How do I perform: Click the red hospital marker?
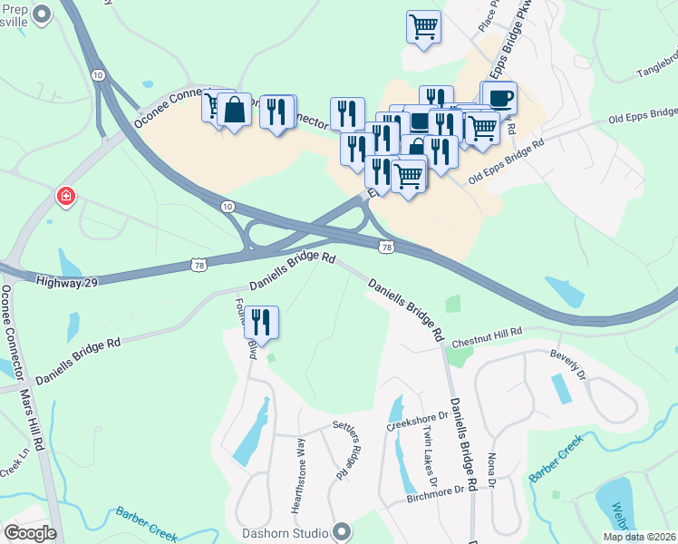pyautogui.click(x=65, y=196)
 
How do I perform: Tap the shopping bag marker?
pyautogui.click(x=234, y=110)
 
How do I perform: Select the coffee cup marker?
pyautogui.click(x=498, y=98)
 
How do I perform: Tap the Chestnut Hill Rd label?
pyautogui.click(x=488, y=336)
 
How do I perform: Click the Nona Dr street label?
pyautogui.click(x=491, y=469)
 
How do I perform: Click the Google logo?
pyautogui.click(x=30, y=532)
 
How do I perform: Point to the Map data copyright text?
pyautogui.click(x=642, y=537)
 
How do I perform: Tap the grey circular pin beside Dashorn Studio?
pyautogui.click(x=342, y=530)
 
